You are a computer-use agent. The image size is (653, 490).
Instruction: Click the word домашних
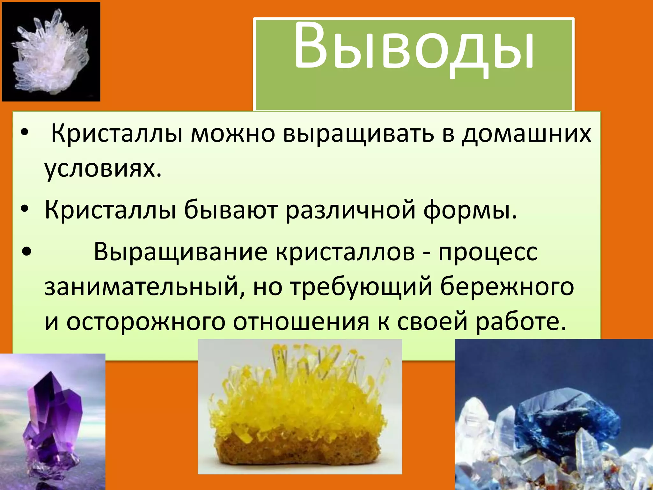pyautogui.click(x=526, y=134)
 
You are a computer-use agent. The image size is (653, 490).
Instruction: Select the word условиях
pyautogui.click(x=103, y=168)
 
